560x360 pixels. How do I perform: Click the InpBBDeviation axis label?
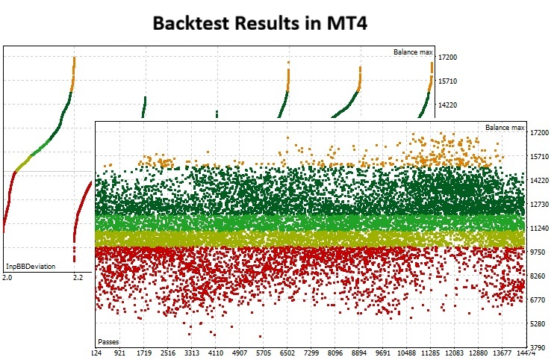[31, 266]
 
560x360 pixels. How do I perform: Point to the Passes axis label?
[109, 341]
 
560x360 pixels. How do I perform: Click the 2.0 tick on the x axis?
[7, 278]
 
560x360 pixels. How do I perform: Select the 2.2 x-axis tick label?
[78, 278]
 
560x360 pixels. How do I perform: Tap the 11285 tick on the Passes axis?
[431, 353]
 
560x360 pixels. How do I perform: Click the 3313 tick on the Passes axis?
[193, 353]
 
